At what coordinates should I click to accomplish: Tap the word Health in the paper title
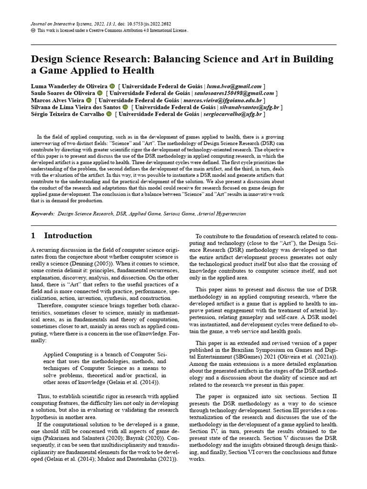point(138,71)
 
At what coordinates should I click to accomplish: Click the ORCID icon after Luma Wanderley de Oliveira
point(112,86)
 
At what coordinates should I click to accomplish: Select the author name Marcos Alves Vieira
point(57,100)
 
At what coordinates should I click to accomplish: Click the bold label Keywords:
point(43,214)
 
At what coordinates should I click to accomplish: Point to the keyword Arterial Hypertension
point(222,214)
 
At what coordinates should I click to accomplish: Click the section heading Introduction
point(68,235)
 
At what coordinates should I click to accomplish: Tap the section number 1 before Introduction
point(33,235)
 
